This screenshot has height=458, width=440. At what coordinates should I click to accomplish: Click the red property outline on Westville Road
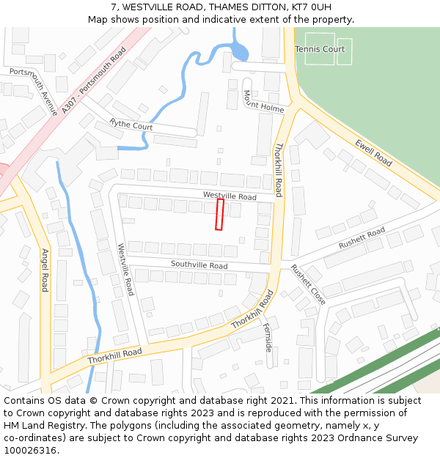[219, 214]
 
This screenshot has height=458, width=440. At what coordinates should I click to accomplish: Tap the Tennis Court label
[319, 49]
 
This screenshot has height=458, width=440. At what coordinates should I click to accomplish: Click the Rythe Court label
[131, 125]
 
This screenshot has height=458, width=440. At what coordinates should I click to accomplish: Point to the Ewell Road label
[373, 152]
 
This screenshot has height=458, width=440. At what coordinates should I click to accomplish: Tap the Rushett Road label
[362, 238]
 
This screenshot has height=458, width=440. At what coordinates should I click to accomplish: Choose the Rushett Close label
[308, 284]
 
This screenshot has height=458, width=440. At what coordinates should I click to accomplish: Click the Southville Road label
[199, 265]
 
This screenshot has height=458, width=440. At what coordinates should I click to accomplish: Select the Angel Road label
[45, 270]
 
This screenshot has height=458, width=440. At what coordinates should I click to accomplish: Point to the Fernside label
[268, 337]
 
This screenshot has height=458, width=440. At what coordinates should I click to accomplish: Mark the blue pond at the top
[239, 51]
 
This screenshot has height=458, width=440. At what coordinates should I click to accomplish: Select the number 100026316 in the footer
[30, 450]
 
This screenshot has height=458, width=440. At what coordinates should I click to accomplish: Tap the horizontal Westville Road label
[230, 196]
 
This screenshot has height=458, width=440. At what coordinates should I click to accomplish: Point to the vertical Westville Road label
[125, 270]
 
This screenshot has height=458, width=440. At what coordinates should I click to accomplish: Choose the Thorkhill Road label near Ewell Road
[278, 170]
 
